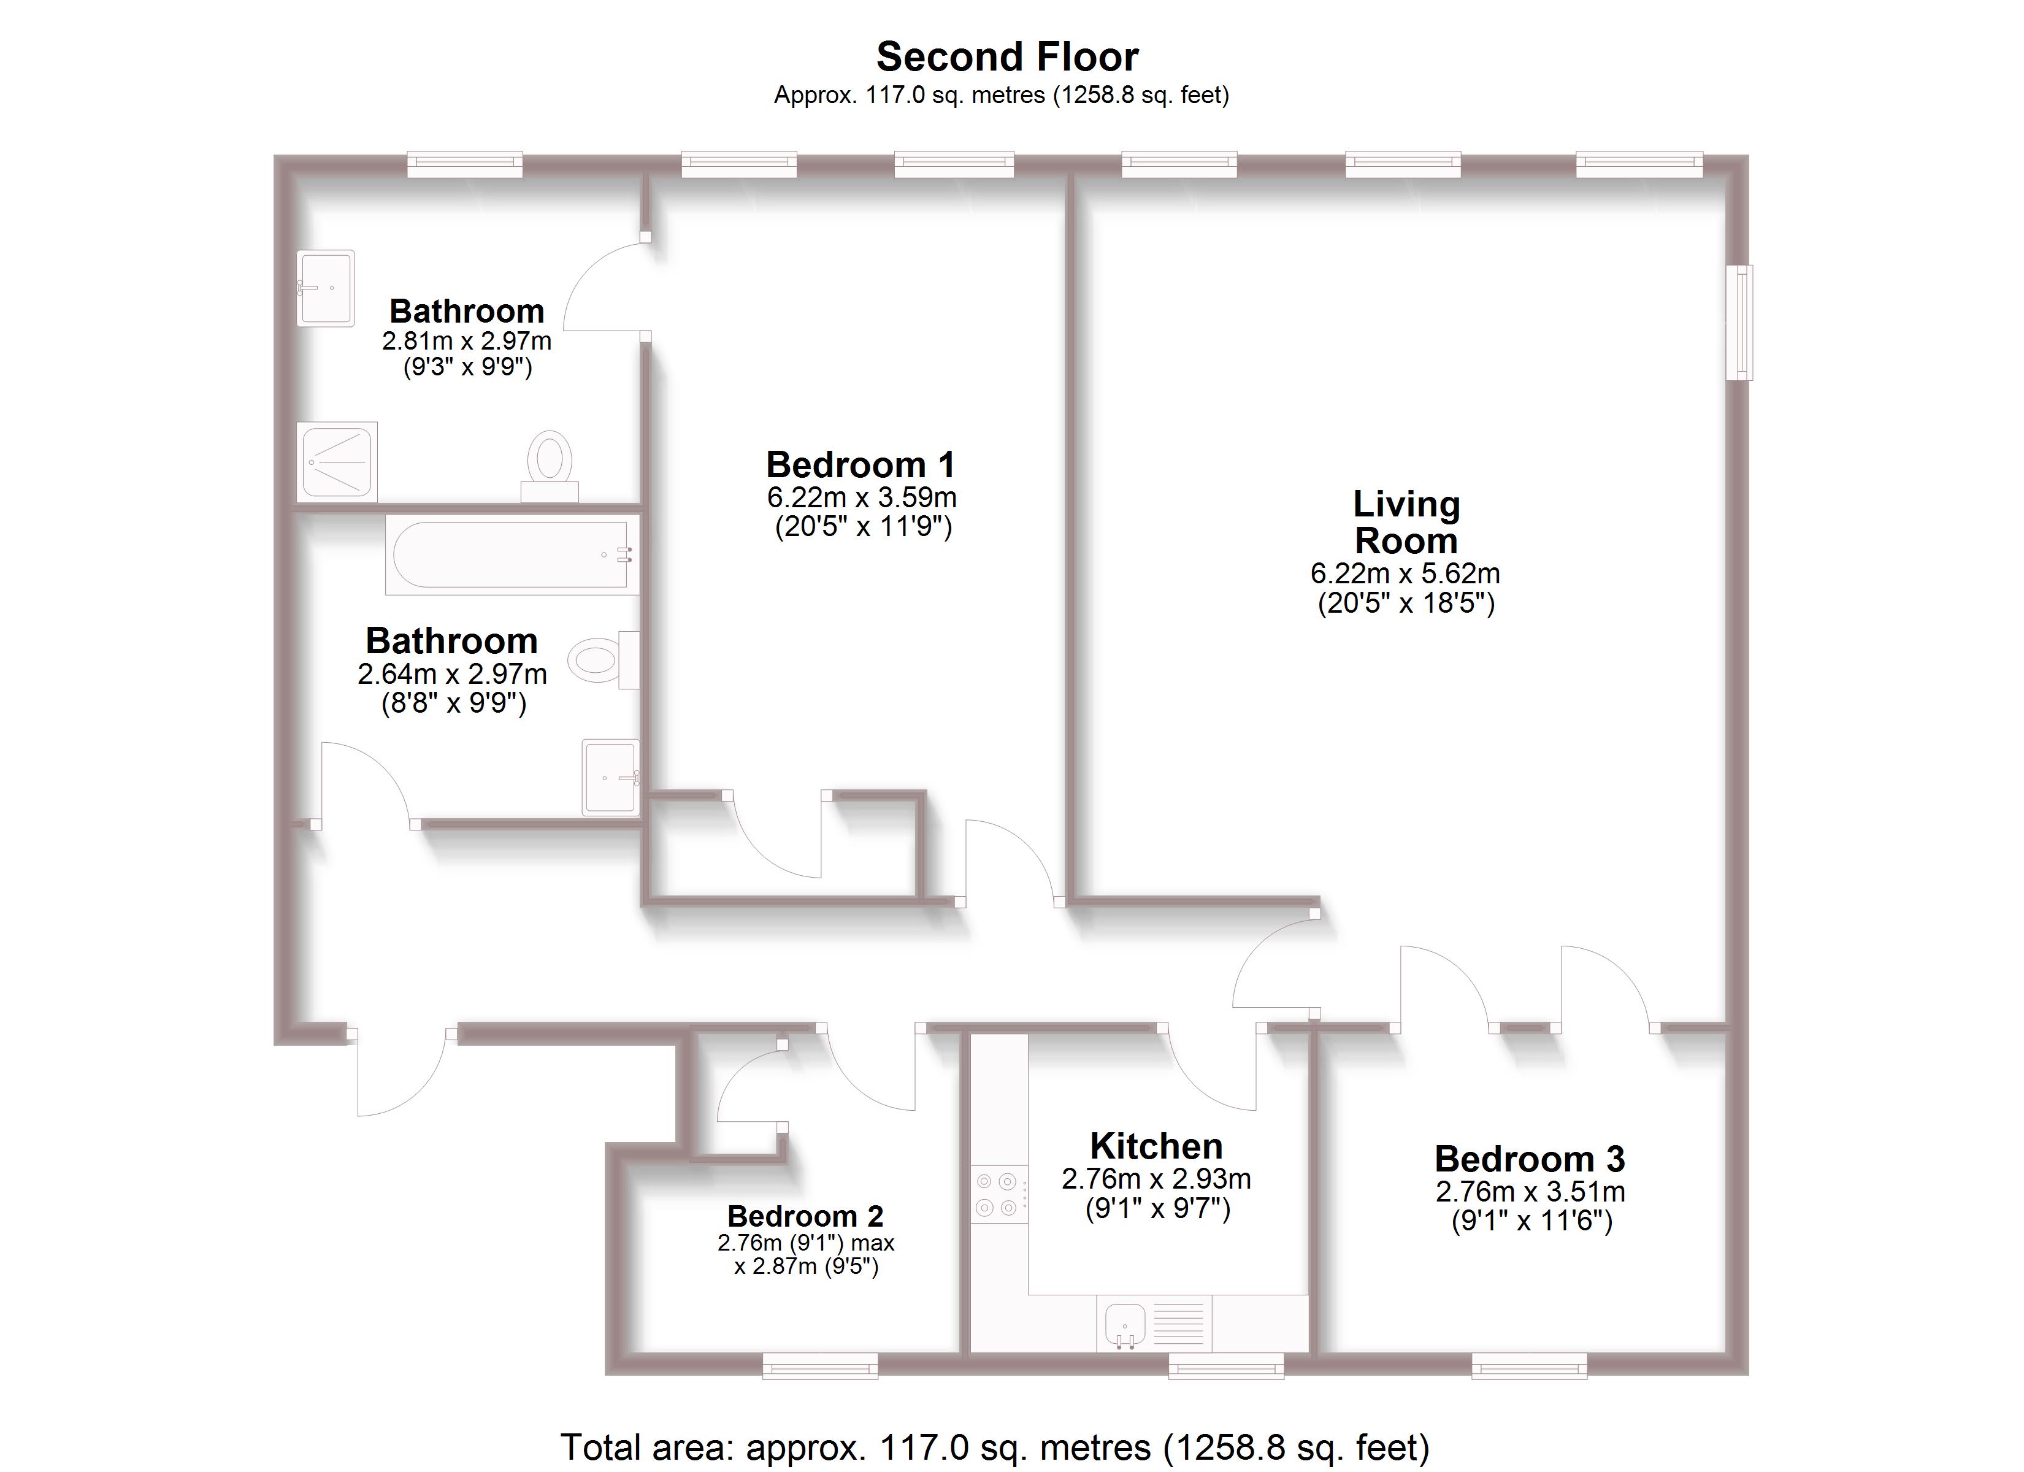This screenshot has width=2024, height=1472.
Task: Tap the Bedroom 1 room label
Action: coord(861,465)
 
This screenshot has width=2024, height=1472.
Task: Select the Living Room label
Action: coord(1406,522)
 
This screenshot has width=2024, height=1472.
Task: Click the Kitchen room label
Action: coord(1156,1146)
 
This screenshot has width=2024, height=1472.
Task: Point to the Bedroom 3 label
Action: coord(1530,1159)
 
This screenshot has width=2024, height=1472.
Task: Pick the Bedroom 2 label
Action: coord(805,1216)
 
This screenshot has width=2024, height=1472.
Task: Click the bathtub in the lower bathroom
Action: coord(512,554)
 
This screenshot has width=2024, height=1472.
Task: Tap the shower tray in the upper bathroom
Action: coord(337,461)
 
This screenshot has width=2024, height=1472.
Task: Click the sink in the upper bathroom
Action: coord(325,288)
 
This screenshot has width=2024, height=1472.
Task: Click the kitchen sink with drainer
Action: coord(1153,1324)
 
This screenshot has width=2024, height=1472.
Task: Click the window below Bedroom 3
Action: coord(1528,1366)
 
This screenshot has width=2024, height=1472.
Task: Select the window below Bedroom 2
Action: coord(819,1366)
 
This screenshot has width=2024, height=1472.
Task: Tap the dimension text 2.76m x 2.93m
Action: coord(1156,1179)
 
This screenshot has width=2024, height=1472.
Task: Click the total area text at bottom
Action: coord(994,1447)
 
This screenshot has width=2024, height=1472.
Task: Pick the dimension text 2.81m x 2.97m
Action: coord(467,341)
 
